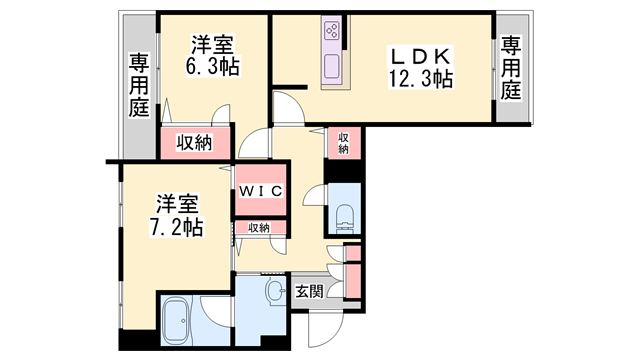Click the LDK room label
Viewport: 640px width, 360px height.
tap(421, 56)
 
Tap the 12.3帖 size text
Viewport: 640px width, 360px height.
tap(421, 78)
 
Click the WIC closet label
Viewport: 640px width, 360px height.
tap(262, 191)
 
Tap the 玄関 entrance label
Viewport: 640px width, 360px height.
tap(309, 291)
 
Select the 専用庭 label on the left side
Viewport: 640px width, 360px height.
tap(138, 86)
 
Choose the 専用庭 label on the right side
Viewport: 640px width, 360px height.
tap(511, 68)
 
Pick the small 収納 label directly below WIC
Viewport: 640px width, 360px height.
tap(259, 228)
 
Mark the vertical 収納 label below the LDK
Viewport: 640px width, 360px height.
tap(343, 143)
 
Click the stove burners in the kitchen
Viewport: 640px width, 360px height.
tap(331, 32)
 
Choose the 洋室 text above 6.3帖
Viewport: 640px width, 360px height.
tap(212, 45)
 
